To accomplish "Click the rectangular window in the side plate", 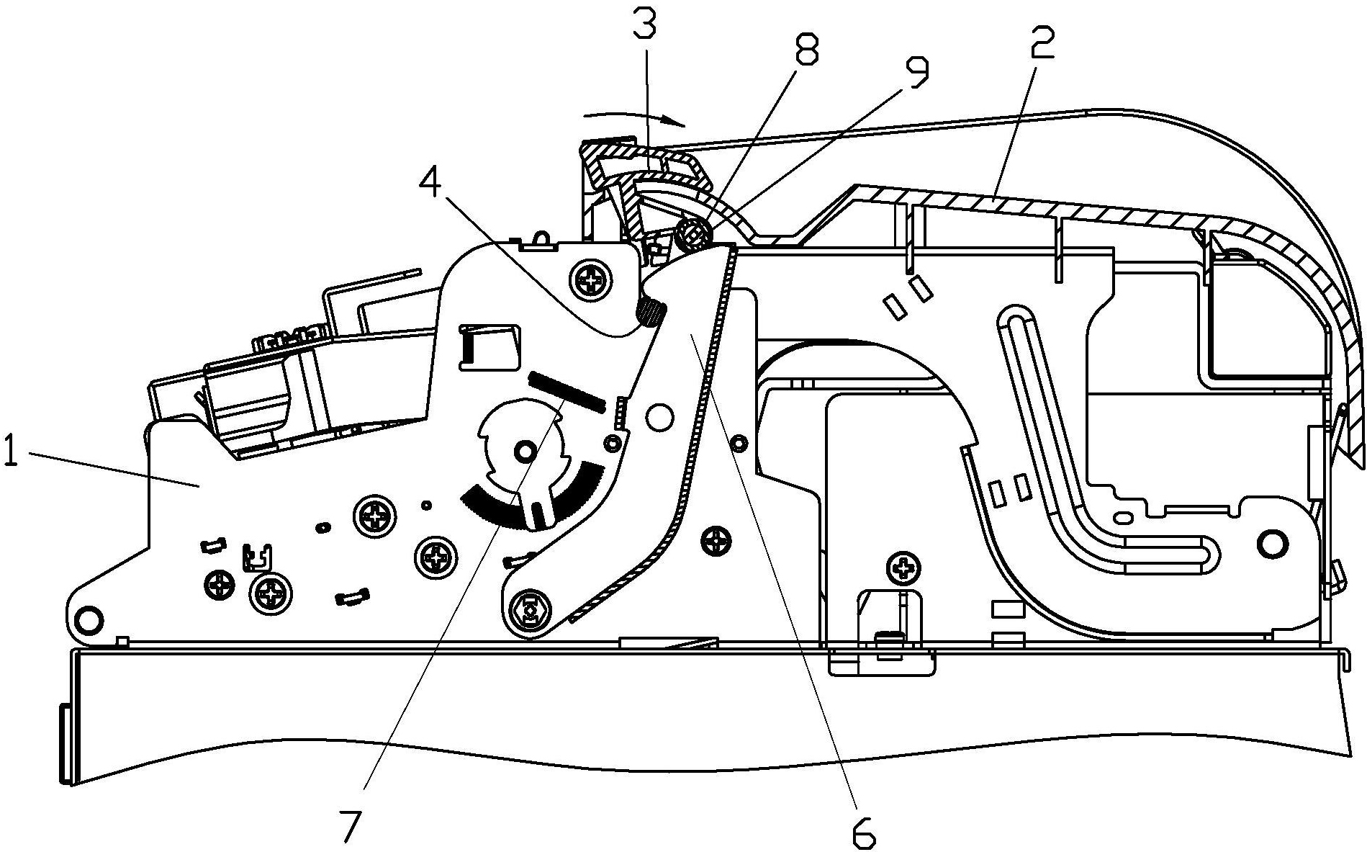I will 489,348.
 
